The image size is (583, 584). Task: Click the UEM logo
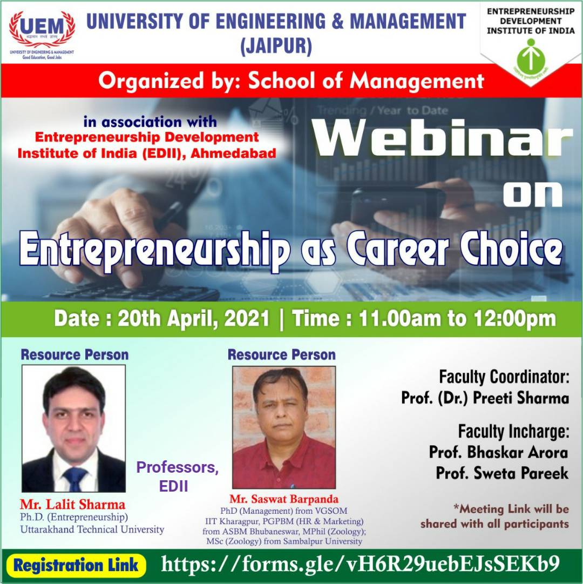pos(42,31)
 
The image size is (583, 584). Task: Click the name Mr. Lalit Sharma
pos(73,505)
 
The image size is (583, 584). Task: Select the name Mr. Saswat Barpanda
pos(284,499)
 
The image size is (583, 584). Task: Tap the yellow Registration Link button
pos(76,565)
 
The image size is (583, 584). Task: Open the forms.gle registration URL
pos(361,564)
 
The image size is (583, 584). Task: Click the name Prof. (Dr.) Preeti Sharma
pos(485,398)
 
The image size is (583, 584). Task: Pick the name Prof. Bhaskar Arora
pos(499,452)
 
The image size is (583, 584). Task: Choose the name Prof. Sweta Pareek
pos(502,473)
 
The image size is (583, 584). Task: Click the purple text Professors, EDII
pos(177,476)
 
